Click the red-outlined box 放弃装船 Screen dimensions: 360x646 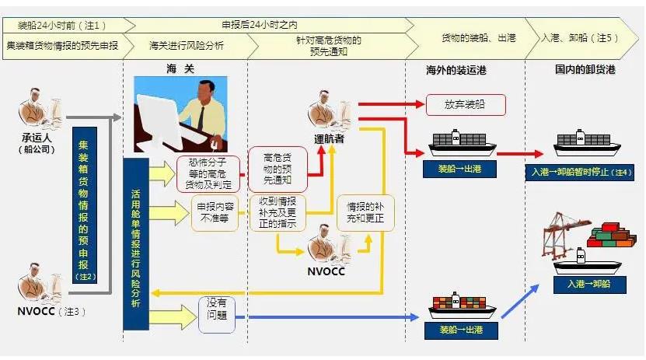pos(466,104)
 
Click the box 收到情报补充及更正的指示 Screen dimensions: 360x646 pos(278,212)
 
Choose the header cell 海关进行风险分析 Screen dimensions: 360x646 pos(186,45)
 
